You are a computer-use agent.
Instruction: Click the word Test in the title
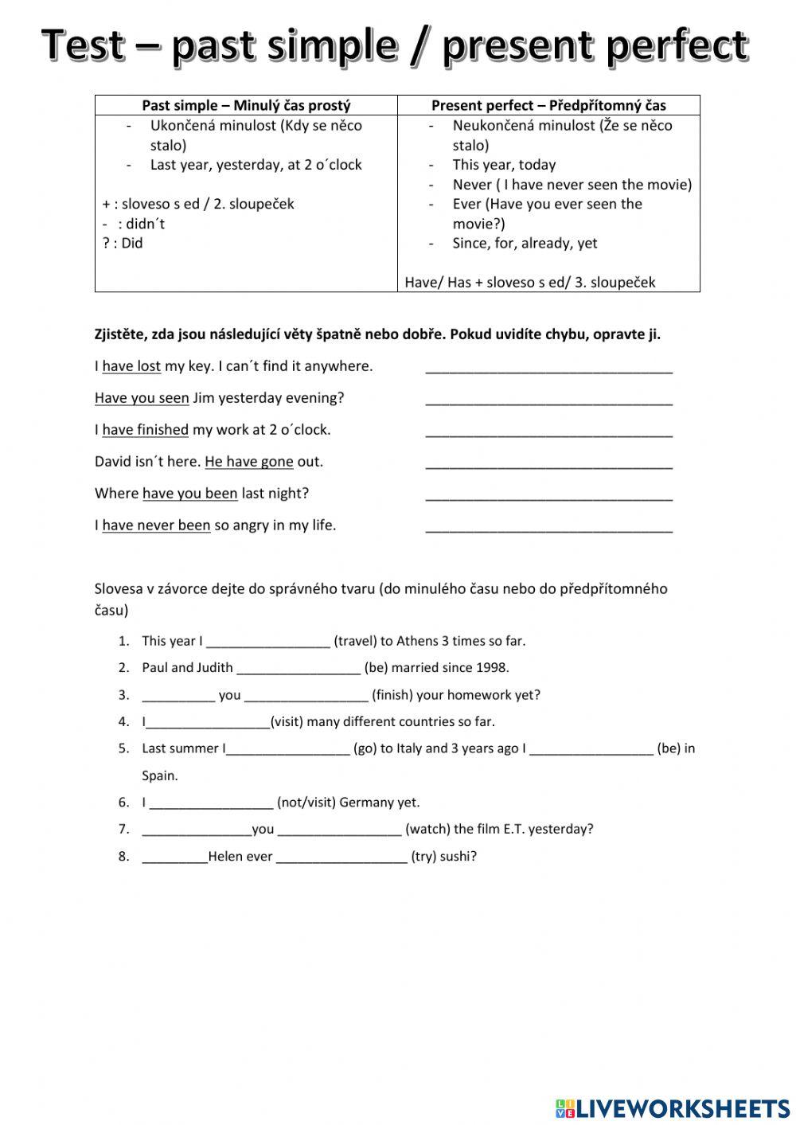[x=84, y=45]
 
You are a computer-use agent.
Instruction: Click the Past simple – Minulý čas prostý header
[x=246, y=105]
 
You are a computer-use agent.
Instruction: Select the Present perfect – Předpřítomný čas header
[x=548, y=105]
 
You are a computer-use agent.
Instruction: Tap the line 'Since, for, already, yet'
[x=525, y=243]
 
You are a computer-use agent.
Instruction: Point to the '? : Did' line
[x=123, y=243]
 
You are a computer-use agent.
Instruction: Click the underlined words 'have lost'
[x=131, y=366]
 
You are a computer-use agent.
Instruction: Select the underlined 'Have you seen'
[x=142, y=398]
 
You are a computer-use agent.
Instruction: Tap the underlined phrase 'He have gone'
[x=249, y=462]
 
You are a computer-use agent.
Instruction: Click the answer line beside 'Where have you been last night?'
[x=548, y=495]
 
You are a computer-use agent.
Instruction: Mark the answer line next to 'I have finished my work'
[x=548, y=432]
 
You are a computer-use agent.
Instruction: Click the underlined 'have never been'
[x=156, y=525]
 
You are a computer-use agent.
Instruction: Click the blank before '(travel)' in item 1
[x=267, y=642]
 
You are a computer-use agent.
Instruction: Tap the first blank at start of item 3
[x=178, y=696]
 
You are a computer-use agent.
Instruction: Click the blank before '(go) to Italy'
[x=288, y=749]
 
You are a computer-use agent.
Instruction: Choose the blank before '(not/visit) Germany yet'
[x=211, y=803]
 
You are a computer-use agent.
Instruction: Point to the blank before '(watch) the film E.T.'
[x=340, y=830]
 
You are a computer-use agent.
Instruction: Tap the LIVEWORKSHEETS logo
[x=672, y=1107]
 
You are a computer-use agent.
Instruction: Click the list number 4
[x=123, y=722]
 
